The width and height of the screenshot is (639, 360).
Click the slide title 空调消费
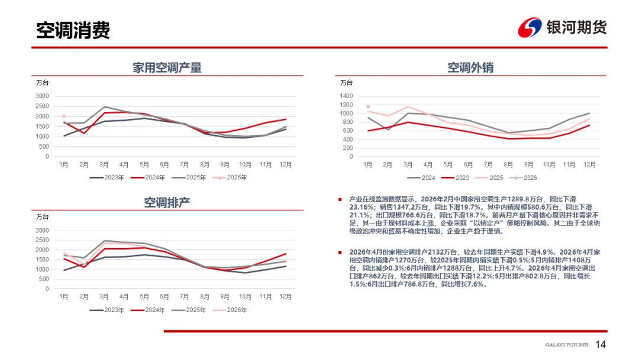click(x=73, y=30)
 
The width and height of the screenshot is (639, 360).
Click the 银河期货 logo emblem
click(x=530, y=27)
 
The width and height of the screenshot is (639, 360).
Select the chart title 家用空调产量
click(x=167, y=67)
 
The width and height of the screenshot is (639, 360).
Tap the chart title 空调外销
click(x=470, y=67)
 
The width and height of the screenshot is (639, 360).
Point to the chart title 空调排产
click(x=167, y=202)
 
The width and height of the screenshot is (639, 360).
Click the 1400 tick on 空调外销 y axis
click(x=346, y=96)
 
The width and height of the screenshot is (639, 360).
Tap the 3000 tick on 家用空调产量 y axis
click(x=41, y=96)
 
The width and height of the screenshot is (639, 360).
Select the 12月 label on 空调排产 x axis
click(x=285, y=296)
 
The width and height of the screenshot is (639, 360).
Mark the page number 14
click(x=601, y=345)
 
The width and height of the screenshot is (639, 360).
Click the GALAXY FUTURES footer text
click(x=567, y=345)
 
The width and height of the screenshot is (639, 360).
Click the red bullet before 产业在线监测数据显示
click(x=340, y=200)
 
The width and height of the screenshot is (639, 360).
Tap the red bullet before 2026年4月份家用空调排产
click(x=340, y=252)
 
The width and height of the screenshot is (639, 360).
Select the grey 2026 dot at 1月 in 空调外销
click(x=368, y=107)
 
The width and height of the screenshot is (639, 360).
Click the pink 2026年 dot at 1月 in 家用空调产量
click(x=64, y=117)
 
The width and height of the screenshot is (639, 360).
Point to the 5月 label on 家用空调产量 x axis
click(x=144, y=164)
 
